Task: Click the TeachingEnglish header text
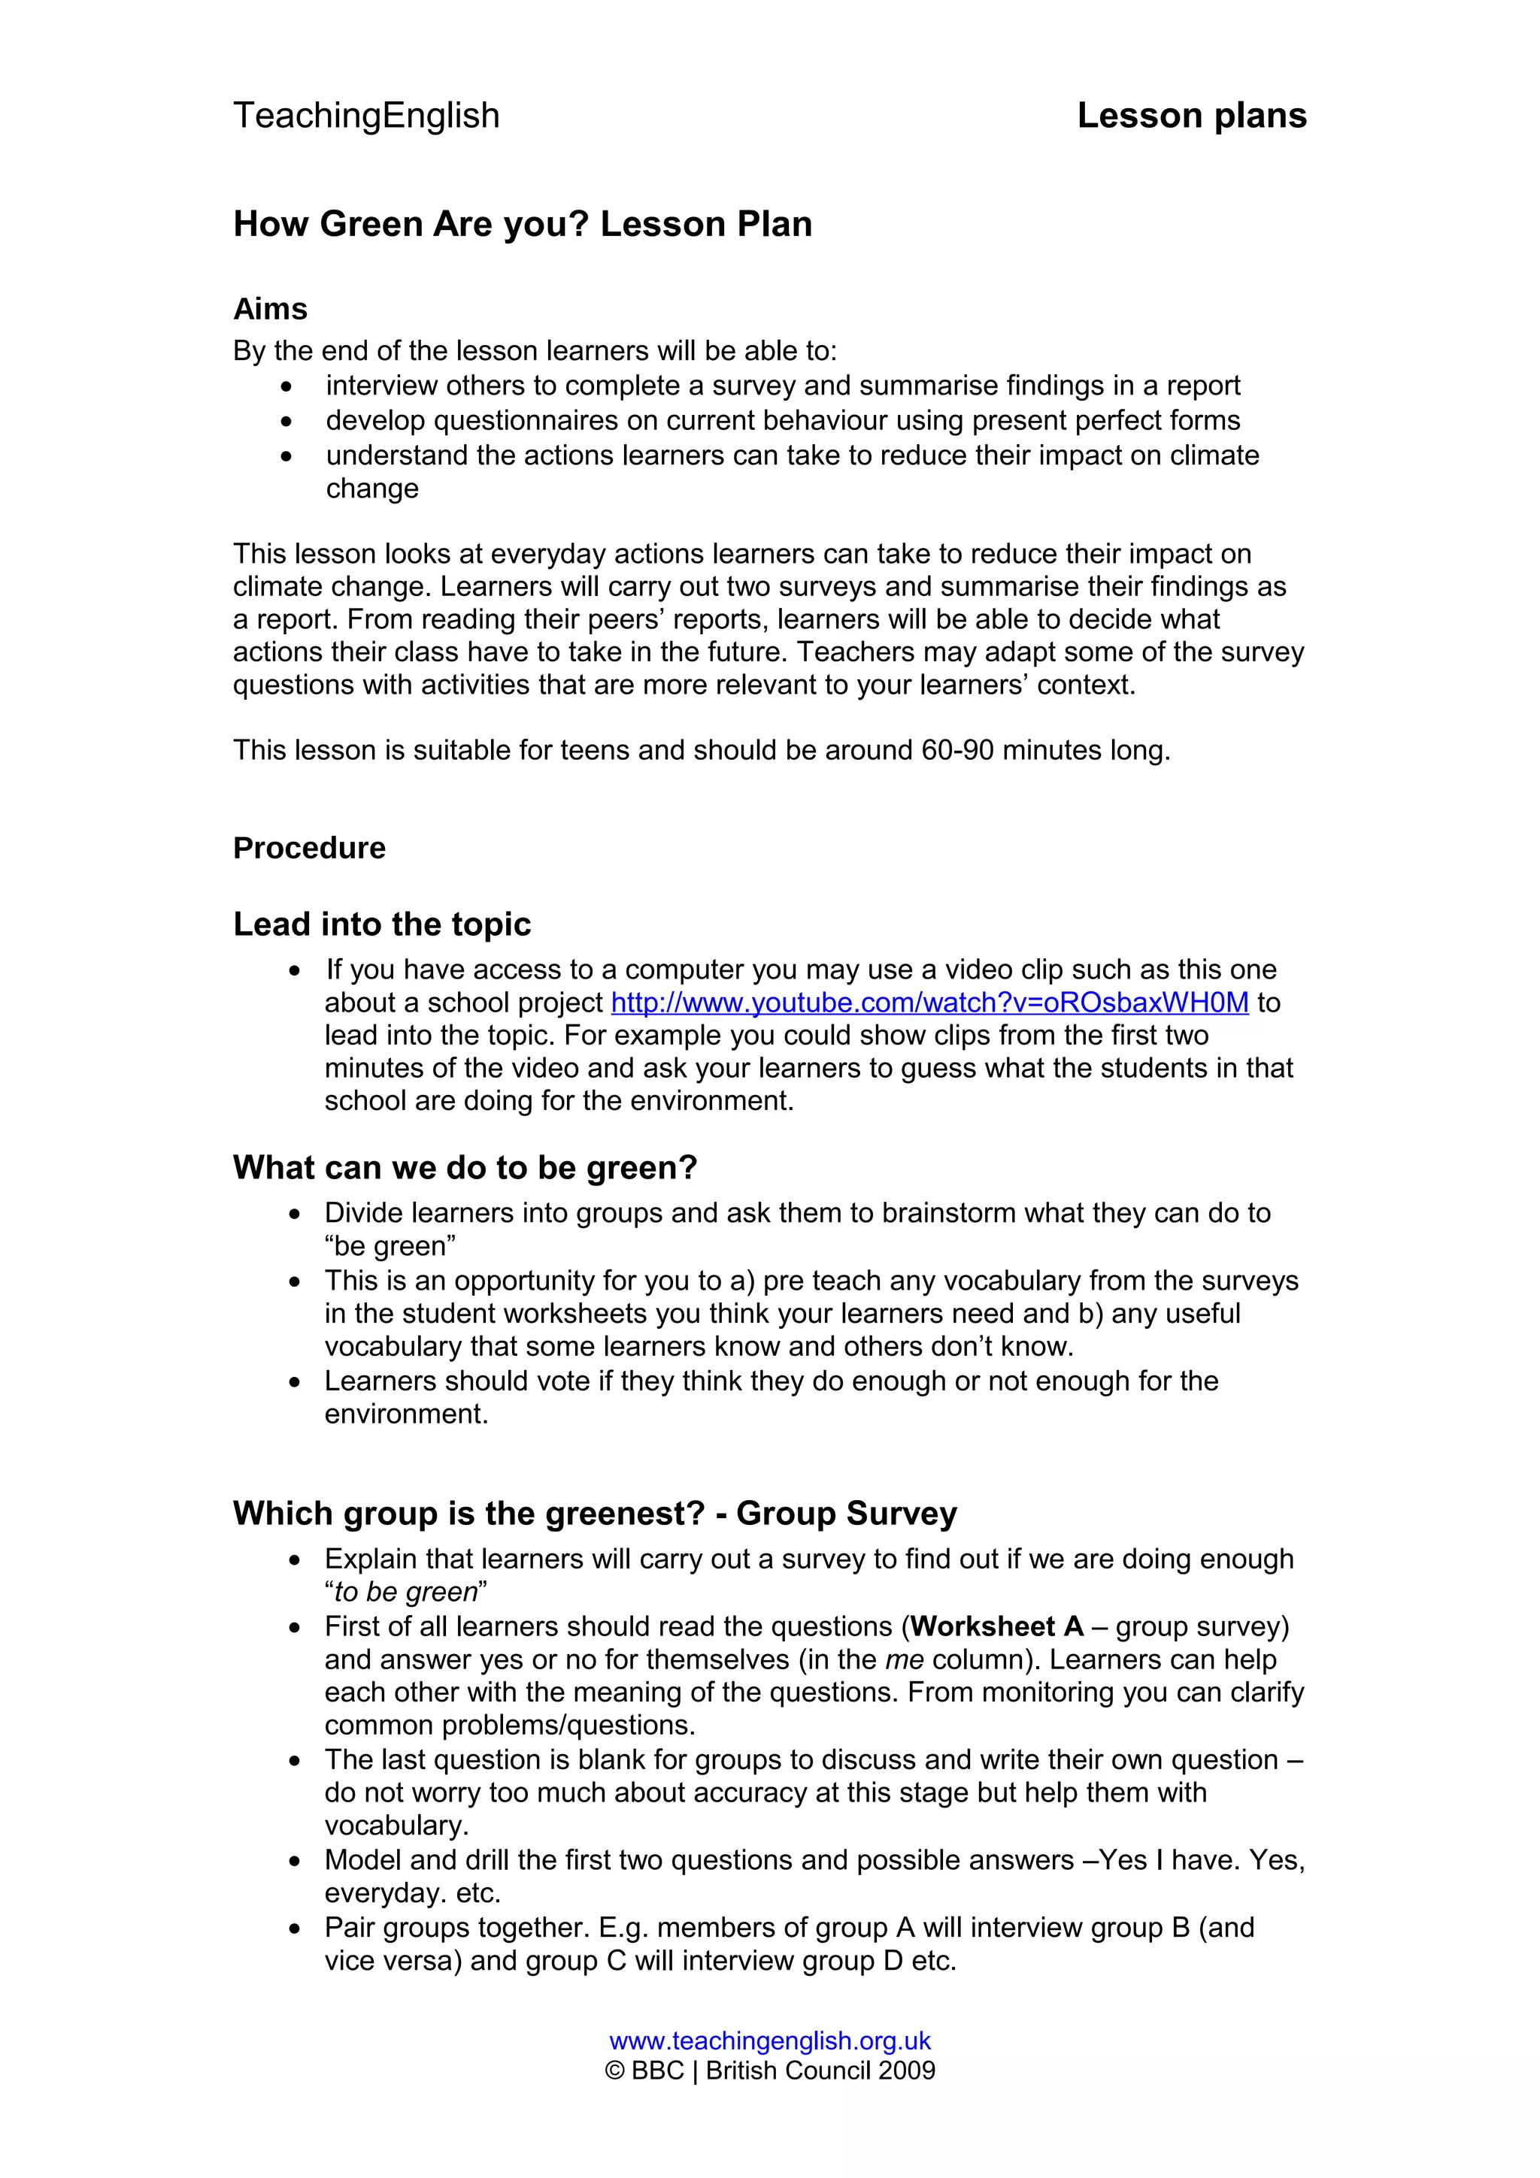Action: click(366, 116)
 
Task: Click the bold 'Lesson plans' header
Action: click(1191, 116)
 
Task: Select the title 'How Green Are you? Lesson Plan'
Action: click(522, 225)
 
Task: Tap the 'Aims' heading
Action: click(271, 309)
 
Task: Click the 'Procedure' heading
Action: click(309, 848)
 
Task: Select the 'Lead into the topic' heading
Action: click(381, 924)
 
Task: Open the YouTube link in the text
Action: click(929, 1003)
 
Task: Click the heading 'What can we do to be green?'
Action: click(465, 1168)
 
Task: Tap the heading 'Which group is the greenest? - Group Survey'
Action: click(595, 1513)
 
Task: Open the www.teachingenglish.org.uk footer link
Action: click(769, 2040)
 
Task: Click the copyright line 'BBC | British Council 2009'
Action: click(769, 2070)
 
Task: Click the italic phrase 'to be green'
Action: click(405, 1592)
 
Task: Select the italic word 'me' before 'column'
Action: click(905, 1659)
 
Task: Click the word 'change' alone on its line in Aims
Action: click(372, 489)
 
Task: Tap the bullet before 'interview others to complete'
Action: click(286, 387)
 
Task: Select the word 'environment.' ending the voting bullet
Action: click(406, 1414)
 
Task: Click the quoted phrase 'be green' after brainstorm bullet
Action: click(390, 1247)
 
